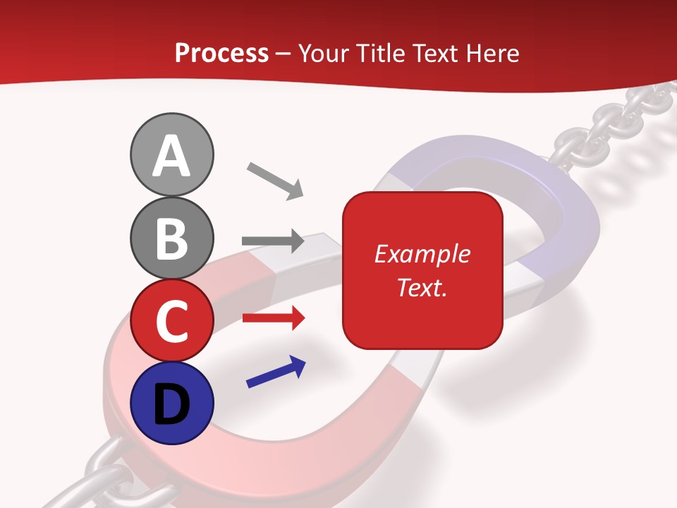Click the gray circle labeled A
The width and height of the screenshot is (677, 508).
(x=171, y=155)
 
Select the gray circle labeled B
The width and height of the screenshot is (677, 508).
(x=171, y=238)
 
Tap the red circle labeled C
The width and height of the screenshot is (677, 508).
(x=171, y=321)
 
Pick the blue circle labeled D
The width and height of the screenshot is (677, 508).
(x=171, y=403)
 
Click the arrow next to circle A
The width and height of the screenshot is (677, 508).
(x=275, y=181)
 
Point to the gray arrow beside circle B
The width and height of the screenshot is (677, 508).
(x=273, y=241)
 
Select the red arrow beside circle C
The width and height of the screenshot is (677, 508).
(x=273, y=318)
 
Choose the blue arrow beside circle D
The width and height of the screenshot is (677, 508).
(x=276, y=373)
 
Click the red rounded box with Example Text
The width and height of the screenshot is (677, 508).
(x=422, y=270)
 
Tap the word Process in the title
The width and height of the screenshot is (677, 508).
(x=221, y=53)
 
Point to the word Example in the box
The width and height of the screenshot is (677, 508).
(x=422, y=254)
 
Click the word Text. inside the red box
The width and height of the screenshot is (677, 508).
(x=422, y=287)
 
